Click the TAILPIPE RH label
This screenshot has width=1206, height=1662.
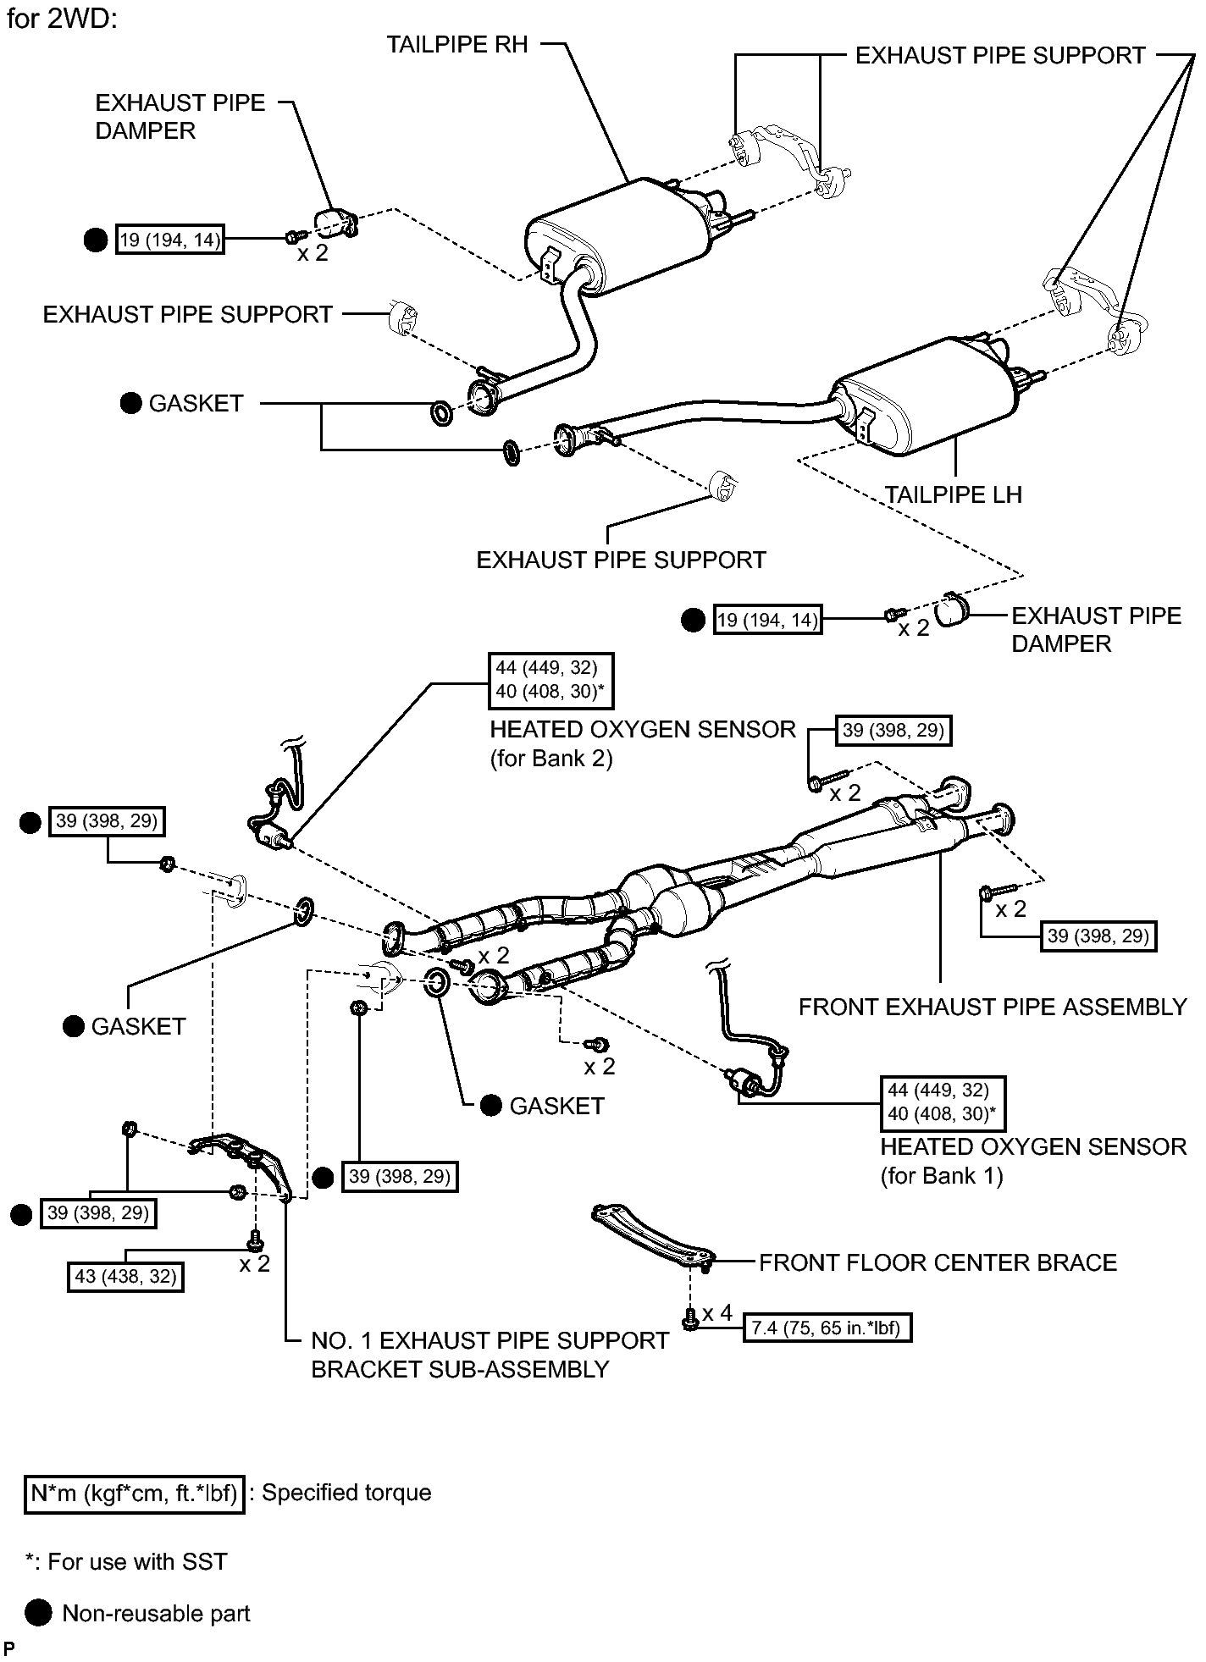coord(457,44)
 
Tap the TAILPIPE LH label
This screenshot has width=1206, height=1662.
coord(954,494)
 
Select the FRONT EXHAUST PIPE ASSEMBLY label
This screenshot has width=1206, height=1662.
coord(993,1007)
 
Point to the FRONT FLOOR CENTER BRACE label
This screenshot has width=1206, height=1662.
coord(938,1262)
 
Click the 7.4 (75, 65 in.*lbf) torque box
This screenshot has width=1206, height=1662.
coord(827,1328)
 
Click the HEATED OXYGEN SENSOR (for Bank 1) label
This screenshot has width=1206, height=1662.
coord(1033,1161)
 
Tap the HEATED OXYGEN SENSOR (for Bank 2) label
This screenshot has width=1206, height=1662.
coord(643,743)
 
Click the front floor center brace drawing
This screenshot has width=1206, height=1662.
coord(653,1237)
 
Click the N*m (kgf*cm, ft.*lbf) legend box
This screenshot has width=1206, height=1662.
coord(134,1492)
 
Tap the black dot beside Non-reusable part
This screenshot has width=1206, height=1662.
coord(38,1614)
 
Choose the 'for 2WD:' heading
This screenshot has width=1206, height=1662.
coord(61,19)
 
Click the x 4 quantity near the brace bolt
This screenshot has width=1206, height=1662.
coord(716,1312)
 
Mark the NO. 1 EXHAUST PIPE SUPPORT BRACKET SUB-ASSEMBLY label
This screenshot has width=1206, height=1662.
coord(490,1355)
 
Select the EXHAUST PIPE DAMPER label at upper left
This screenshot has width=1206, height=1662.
coord(180,117)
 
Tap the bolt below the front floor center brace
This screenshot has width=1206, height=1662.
coord(689,1318)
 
